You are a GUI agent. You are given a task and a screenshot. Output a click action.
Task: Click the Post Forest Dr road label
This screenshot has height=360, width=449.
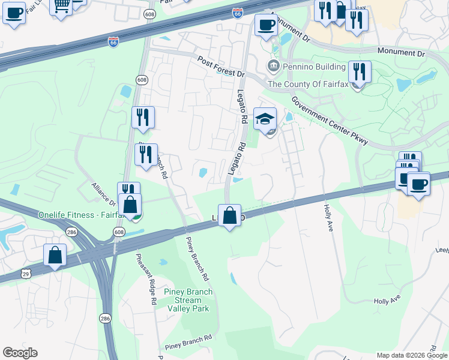[221, 65]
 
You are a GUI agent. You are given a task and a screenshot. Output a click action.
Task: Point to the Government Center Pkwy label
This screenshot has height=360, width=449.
[330, 119]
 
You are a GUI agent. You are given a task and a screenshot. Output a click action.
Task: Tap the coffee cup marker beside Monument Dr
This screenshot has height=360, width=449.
[266, 25]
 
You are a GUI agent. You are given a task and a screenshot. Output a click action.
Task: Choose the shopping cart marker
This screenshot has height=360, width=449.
[61, 6]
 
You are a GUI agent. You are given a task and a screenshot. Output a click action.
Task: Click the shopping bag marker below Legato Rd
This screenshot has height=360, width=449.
[229, 215]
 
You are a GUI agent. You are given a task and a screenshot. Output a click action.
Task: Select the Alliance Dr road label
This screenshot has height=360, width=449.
[104, 194]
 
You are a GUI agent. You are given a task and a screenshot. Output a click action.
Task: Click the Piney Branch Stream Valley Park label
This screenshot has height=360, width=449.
[188, 300]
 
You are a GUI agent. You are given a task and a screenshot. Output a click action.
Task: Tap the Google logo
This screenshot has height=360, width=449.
[20, 353]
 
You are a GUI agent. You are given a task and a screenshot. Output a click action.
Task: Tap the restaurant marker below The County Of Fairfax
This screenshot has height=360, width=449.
[360, 73]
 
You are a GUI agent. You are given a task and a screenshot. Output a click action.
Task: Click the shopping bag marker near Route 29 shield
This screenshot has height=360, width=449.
[55, 254]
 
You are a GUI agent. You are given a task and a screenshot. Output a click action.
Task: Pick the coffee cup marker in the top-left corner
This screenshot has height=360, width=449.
[14, 12]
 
